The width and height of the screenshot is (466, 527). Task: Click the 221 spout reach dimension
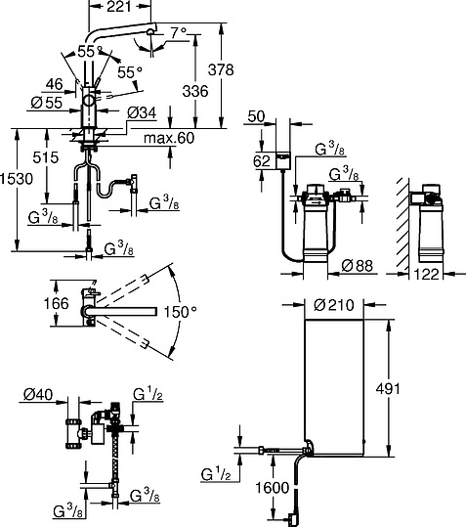point(119,7)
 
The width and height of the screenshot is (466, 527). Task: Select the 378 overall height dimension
point(221,70)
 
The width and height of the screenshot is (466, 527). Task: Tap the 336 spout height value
point(195,91)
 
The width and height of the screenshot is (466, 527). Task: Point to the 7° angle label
point(178,33)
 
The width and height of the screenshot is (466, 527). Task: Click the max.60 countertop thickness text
point(169,138)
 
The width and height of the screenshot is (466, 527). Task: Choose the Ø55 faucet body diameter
point(47,103)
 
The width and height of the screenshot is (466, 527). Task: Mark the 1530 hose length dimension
point(17,179)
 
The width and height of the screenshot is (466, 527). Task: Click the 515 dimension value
point(46,157)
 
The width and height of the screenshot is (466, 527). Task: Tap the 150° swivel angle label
point(181,312)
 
